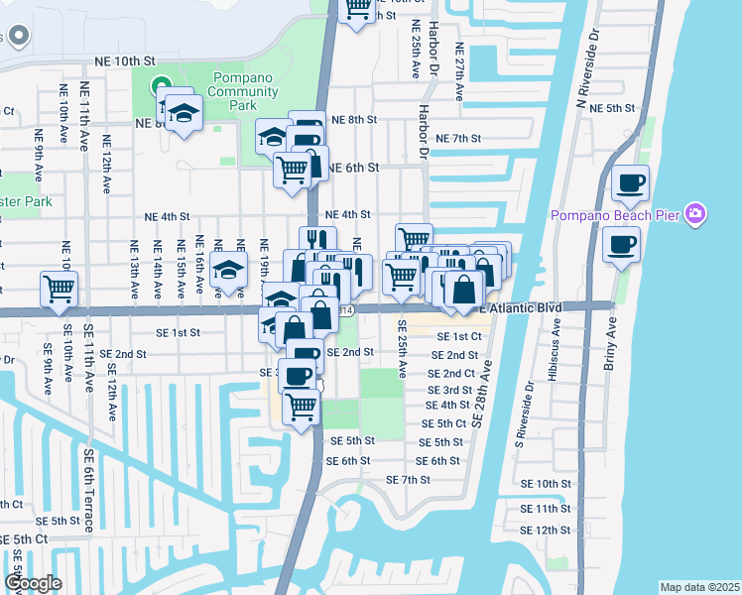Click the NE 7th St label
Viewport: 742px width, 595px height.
[x=457, y=139]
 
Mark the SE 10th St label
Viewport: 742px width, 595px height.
[x=546, y=484]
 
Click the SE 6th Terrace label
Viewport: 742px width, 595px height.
[x=89, y=491]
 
